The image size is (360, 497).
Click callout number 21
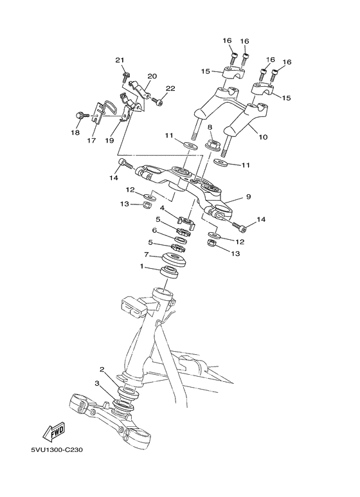(x=119, y=60)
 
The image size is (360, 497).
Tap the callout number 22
(x=170, y=88)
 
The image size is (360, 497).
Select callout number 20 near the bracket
(x=152, y=75)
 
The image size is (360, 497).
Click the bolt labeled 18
(x=80, y=116)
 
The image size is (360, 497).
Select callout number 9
(x=248, y=197)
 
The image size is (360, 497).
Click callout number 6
(x=154, y=230)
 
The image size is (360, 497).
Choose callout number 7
(x=147, y=255)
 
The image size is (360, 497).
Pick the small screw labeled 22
(x=159, y=100)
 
